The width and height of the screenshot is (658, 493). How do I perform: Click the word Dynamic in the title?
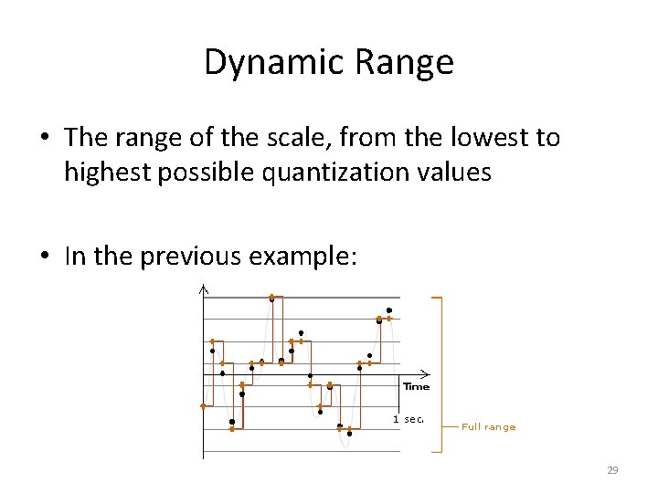click(271, 63)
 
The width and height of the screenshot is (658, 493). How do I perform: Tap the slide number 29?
click(612, 470)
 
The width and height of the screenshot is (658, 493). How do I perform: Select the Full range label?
click(488, 426)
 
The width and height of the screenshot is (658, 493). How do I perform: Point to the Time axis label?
click(416, 386)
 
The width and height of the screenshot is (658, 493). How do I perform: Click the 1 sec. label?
click(408, 419)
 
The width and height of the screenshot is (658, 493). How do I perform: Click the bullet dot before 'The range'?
click(44, 139)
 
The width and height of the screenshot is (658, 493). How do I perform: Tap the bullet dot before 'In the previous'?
click(44, 257)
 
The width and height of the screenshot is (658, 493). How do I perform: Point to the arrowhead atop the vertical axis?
click(203, 290)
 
